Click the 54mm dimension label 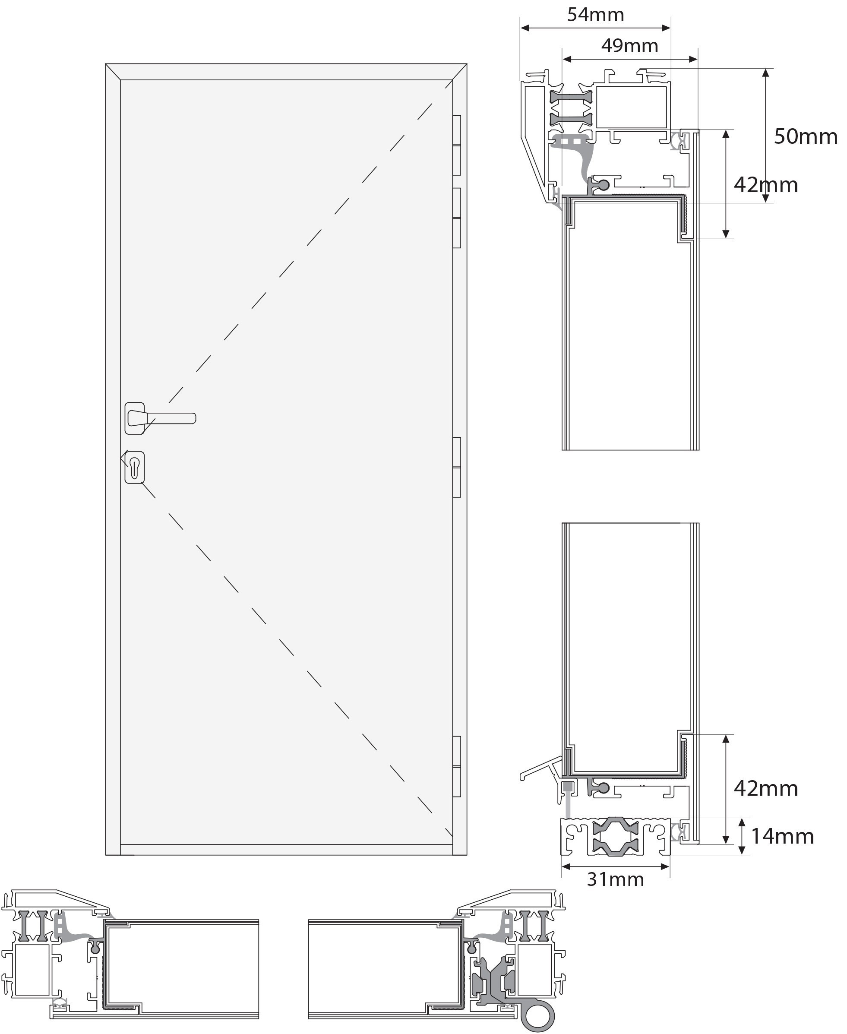(595, 15)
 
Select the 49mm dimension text (629, 46)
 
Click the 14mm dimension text (782, 836)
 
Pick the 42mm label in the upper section (766, 185)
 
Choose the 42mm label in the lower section (766, 788)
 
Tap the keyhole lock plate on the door (135, 468)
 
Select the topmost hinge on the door (457, 145)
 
